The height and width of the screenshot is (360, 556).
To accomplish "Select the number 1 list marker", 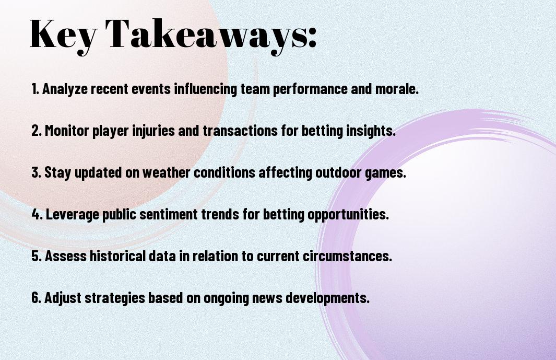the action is pos(35,89).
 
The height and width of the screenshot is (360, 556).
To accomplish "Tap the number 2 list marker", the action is pos(36,131).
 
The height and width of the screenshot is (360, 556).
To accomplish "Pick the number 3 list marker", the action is pos(36,172).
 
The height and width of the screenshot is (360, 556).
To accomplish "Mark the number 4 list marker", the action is pos(37,214).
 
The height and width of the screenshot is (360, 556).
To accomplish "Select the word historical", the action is pos(117,256).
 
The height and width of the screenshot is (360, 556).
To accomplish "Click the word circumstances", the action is pos(347,256).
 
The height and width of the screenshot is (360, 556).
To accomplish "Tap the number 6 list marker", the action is pos(36,297).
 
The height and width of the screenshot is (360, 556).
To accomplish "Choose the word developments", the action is pos(328,298).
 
